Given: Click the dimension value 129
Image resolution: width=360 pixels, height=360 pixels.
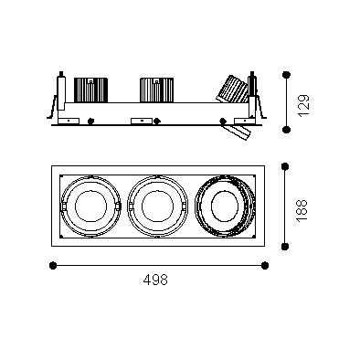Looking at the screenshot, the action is pos(304,105).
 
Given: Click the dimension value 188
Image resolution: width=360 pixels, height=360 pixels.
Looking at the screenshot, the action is pos(302,211).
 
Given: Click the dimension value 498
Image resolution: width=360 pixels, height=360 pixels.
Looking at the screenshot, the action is pos(155,280).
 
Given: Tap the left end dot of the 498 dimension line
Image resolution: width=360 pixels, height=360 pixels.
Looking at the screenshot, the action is pos(53,266).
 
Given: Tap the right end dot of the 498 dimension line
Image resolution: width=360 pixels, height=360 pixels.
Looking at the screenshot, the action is pos(265,266).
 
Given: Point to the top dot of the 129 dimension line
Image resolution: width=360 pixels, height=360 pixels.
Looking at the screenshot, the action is pos(286,75).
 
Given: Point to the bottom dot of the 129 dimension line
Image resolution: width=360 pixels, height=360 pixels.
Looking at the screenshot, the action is pos(286,130).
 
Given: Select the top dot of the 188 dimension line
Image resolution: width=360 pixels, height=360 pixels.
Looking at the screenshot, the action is pos(285,166).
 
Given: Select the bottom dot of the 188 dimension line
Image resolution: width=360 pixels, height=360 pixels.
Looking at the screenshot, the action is pos(285,247).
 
